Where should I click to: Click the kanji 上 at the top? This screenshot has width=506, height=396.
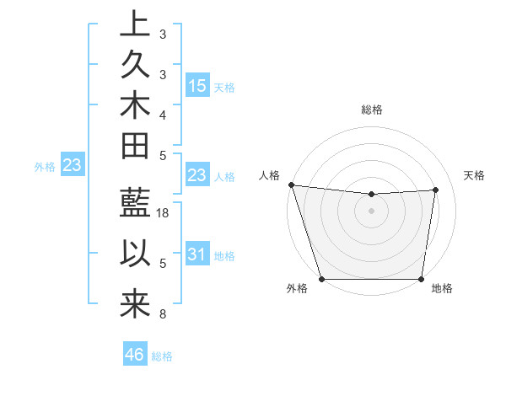(134, 24)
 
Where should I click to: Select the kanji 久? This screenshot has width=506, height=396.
(134, 64)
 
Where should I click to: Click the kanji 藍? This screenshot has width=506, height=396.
(134, 206)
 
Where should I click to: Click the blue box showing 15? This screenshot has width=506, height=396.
(197, 86)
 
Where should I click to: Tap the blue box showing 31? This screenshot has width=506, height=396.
(197, 254)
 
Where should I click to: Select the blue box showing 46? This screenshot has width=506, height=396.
(135, 355)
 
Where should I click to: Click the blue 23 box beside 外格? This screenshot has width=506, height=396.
(73, 166)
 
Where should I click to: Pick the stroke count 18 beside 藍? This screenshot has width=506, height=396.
(164, 214)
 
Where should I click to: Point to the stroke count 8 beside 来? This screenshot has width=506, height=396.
(163, 315)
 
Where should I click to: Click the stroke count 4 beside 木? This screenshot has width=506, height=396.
(163, 114)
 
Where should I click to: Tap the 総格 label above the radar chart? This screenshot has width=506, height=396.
(371, 110)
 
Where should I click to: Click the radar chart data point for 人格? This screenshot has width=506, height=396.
(291, 185)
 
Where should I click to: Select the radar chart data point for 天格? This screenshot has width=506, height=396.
(435, 190)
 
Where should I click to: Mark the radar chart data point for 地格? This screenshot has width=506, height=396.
(421, 278)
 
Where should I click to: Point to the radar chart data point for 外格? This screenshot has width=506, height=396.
(321, 278)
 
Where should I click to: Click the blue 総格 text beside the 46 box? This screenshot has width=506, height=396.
(162, 356)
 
